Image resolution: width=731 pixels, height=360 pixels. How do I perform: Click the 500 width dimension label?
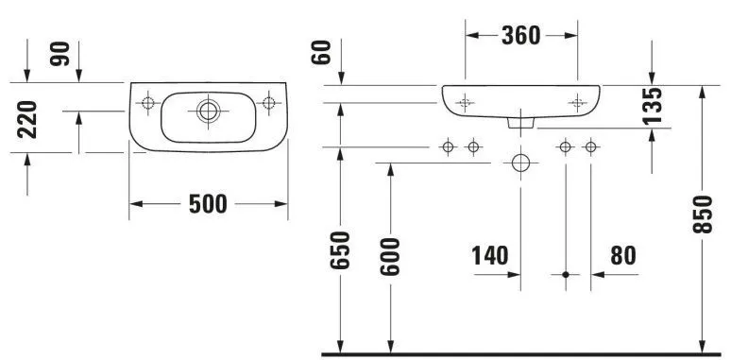tap(208, 204)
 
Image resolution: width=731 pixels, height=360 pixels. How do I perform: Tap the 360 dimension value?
tap(520, 36)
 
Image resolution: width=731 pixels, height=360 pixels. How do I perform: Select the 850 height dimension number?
tap(703, 214)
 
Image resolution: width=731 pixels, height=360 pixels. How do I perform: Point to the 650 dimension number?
tap(340, 250)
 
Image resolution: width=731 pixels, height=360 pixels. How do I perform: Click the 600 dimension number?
tap(390, 256)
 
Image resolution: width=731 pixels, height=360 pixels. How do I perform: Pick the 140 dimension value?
tap(490, 255)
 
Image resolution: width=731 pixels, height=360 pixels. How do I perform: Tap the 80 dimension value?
tap(622, 255)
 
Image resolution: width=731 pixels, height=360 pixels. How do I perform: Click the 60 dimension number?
tap(322, 52)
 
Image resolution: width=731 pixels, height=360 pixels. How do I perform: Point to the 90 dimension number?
tap(60, 54)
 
